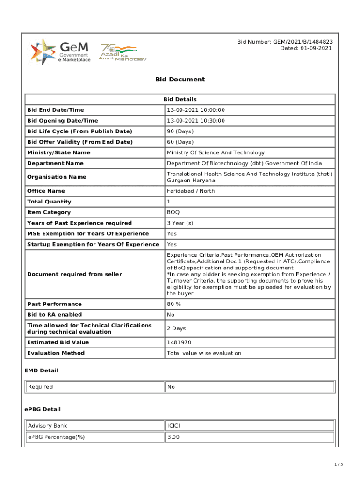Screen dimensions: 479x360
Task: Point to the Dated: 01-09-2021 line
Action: [306, 48]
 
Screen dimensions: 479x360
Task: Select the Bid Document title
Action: [180, 80]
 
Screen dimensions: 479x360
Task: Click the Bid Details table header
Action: [180, 99]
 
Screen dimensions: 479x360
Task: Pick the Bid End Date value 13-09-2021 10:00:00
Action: [196, 110]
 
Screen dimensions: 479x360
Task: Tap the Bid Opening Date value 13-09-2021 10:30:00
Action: [196, 121]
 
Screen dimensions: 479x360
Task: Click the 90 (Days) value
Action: [180, 131]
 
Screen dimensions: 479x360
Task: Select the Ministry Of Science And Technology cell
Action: [216, 152]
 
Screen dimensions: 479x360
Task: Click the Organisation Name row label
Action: [57, 177]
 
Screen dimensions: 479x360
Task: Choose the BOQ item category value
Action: [173, 212]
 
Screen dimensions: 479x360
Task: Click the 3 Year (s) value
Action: [180, 223]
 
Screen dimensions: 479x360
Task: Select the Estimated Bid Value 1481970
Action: [179, 342]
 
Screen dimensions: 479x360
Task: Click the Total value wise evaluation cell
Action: [204, 353]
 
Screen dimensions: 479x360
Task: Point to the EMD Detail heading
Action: [41, 370]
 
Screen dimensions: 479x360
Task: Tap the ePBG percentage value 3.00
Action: [173, 437]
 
